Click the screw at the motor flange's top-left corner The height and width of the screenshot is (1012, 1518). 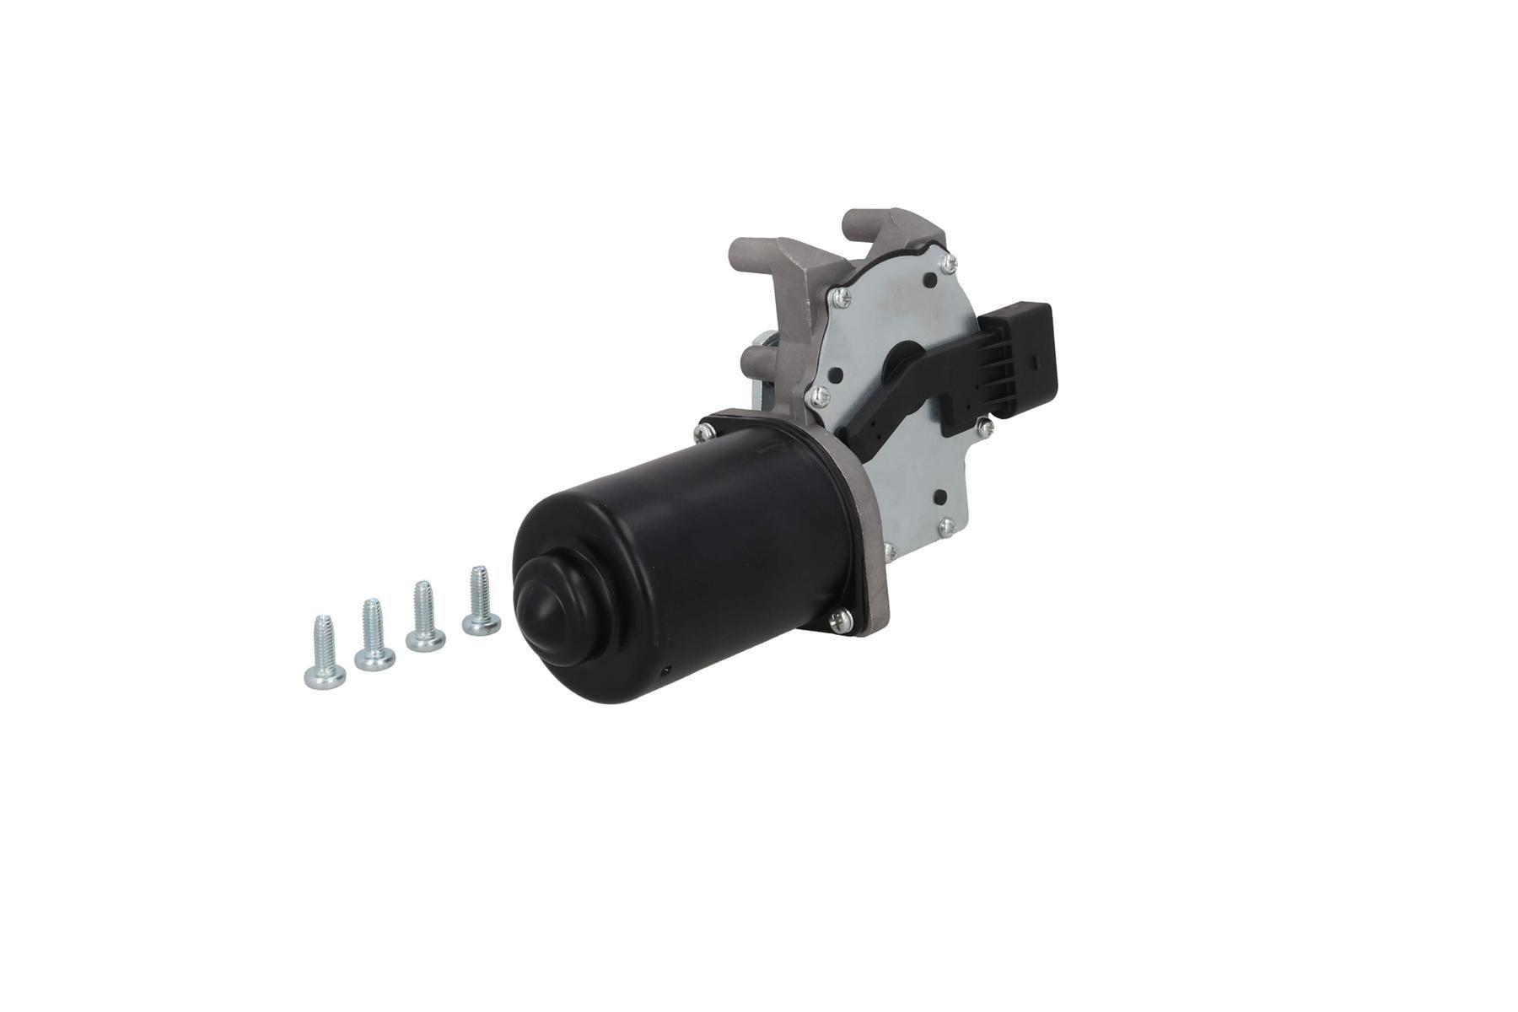[701, 433]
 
